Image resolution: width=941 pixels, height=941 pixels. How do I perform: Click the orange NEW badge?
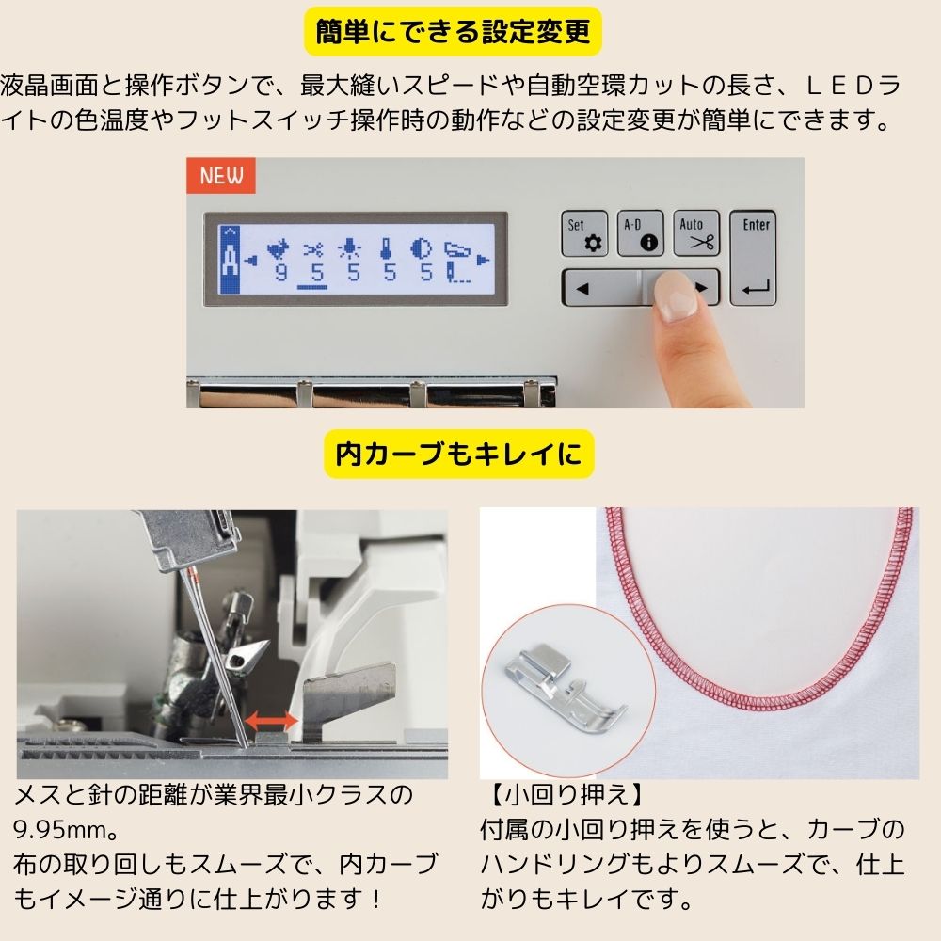(221, 175)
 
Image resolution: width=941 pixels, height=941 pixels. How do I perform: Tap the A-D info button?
(640, 233)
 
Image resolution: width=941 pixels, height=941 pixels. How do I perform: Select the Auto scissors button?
(696, 233)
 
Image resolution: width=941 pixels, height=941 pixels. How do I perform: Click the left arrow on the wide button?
(582, 288)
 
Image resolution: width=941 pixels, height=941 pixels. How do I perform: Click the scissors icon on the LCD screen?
(313, 249)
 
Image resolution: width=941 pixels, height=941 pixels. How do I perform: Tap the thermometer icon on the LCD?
(386, 249)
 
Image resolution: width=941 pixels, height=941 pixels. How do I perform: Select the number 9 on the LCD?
(279, 273)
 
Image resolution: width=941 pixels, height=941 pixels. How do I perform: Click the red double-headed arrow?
(271, 721)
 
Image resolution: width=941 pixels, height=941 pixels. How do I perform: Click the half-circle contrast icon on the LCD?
(423, 249)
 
